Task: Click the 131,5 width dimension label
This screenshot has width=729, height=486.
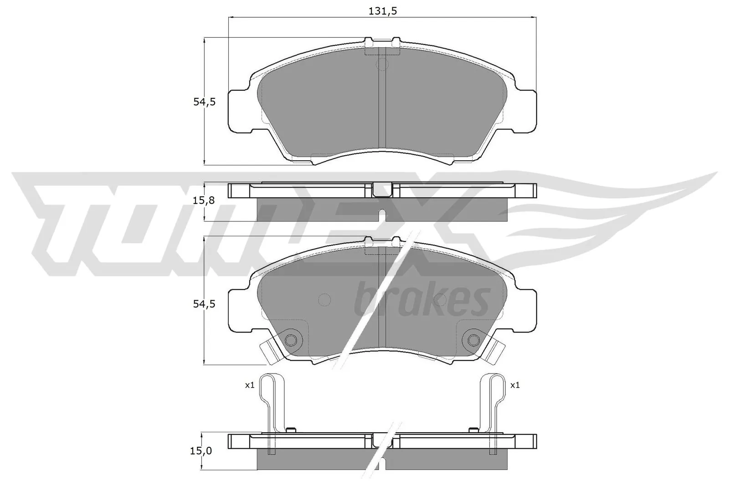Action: [382, 11]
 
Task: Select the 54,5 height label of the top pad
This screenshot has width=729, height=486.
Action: [204, 102]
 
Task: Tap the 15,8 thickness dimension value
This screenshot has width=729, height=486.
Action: [204, 200]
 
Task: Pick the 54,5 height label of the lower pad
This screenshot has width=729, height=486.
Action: [204, 304]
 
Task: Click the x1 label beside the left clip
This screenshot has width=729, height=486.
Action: [249, 385]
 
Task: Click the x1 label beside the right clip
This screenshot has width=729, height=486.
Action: [515, 385]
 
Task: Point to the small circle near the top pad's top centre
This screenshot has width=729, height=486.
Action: [382, 64]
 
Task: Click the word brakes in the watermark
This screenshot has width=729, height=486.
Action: [421, 301]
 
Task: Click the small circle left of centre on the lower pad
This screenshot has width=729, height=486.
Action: [324, 299]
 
